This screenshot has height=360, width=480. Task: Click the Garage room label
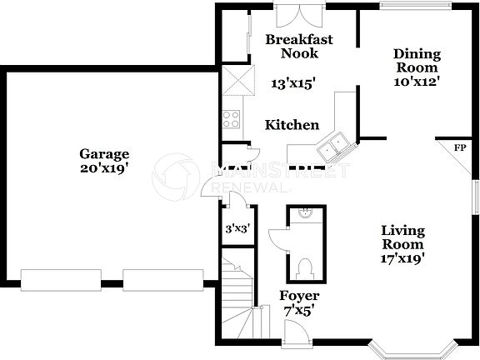pos(104,153)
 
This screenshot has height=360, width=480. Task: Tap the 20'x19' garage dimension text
pos(104,167)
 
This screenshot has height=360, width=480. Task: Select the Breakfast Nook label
pos(299,46)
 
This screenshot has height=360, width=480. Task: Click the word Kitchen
pos(292,125)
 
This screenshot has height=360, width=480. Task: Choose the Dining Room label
pos(417,61)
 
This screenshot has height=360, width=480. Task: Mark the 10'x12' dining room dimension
pos(417,81)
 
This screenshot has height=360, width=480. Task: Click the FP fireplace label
pos(459,148)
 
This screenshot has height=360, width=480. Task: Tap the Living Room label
pos(402,237)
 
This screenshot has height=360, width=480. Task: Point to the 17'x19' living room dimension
pos(402,258)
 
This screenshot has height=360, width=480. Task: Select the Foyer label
pos(299,296)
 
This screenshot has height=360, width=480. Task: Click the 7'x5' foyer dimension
pos(299,311)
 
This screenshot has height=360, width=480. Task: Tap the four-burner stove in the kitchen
pos(231,118)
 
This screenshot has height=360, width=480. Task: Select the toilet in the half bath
pos(304,266)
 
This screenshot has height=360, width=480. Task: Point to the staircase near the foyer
pos(238,301)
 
